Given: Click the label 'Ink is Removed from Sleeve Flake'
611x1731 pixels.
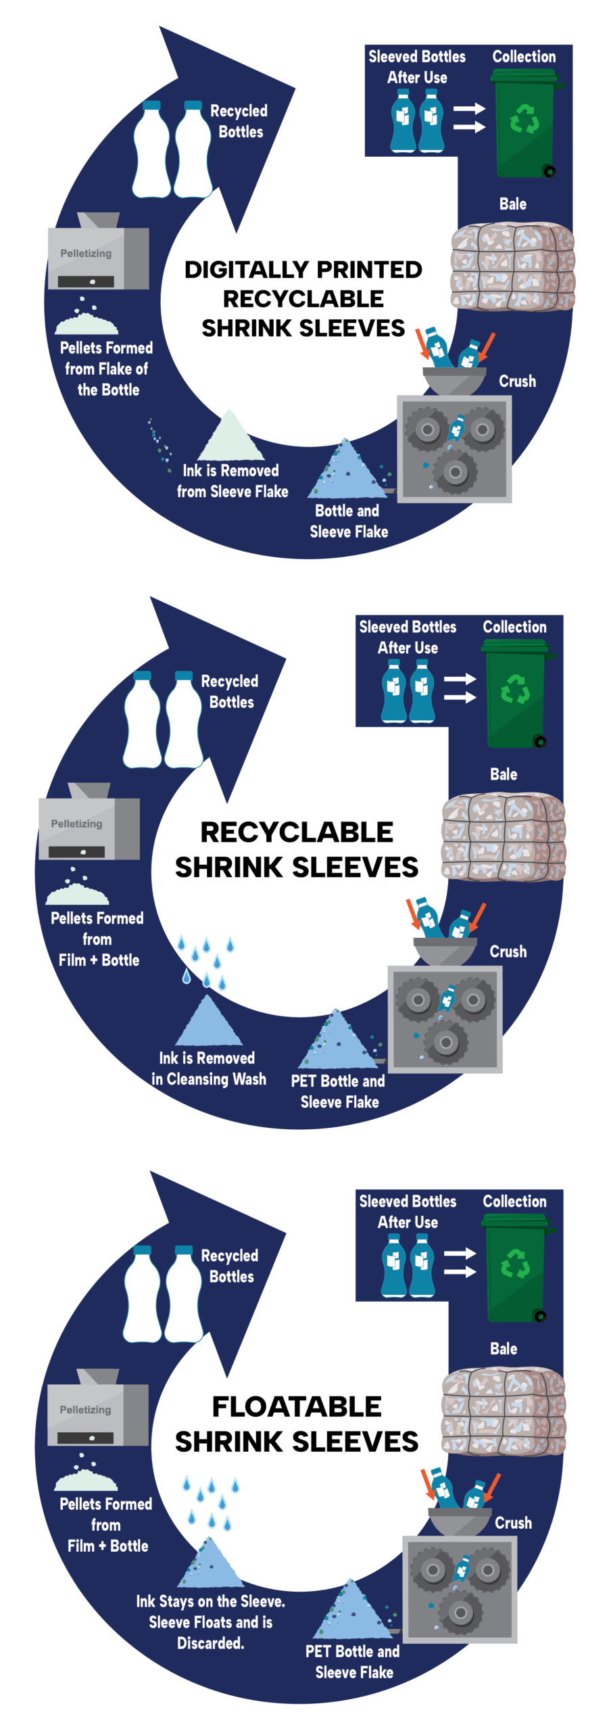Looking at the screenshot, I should point(232,481).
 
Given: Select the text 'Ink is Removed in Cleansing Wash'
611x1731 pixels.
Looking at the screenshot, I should point(208,1068).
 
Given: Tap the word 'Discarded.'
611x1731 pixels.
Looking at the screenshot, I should point(210,1642).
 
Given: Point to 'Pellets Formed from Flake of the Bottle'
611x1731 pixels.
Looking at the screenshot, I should point(106,369).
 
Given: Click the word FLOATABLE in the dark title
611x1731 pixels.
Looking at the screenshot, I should point(297,1407).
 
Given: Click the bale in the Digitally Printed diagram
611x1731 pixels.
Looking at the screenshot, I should point(512,267).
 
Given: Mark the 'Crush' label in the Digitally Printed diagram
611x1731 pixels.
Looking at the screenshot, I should point(517,381).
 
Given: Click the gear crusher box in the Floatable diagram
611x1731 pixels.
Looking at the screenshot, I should point(460,1590).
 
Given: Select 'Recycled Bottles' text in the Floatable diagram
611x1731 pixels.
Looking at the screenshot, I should point(230,1266).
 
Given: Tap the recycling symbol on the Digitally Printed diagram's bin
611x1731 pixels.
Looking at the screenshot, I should point(524,119).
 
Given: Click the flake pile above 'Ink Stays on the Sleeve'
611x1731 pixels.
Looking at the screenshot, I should point(211,1565).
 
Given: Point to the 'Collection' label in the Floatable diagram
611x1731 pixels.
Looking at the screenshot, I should point(514,1202).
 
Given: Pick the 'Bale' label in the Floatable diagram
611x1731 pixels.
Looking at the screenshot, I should point(504,1349).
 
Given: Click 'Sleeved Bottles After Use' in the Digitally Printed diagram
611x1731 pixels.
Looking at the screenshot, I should point(417,67).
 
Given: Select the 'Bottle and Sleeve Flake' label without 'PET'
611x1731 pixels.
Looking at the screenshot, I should point(348,521).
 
